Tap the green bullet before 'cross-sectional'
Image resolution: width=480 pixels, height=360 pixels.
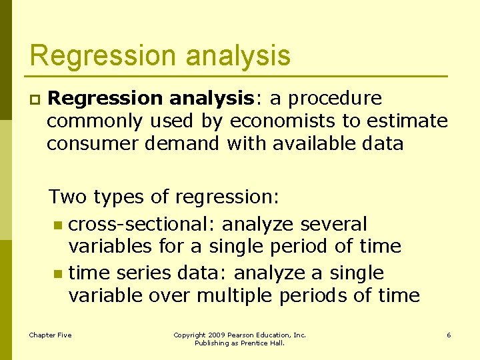point(58,224)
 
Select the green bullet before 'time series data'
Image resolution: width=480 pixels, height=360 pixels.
point(58,273)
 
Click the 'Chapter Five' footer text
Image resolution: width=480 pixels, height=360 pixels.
point(50,335)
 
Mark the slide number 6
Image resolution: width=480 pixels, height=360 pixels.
point(449,335)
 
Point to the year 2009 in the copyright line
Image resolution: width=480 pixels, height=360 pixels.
point(215,335)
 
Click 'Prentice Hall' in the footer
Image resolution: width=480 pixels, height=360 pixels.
point(265,343)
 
